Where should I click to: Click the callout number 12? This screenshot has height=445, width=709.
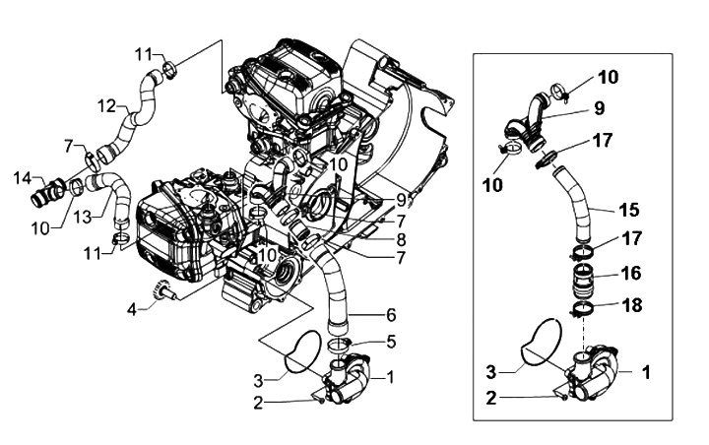106,104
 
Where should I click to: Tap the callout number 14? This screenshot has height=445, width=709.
22,178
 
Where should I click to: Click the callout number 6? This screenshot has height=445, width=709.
390,343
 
